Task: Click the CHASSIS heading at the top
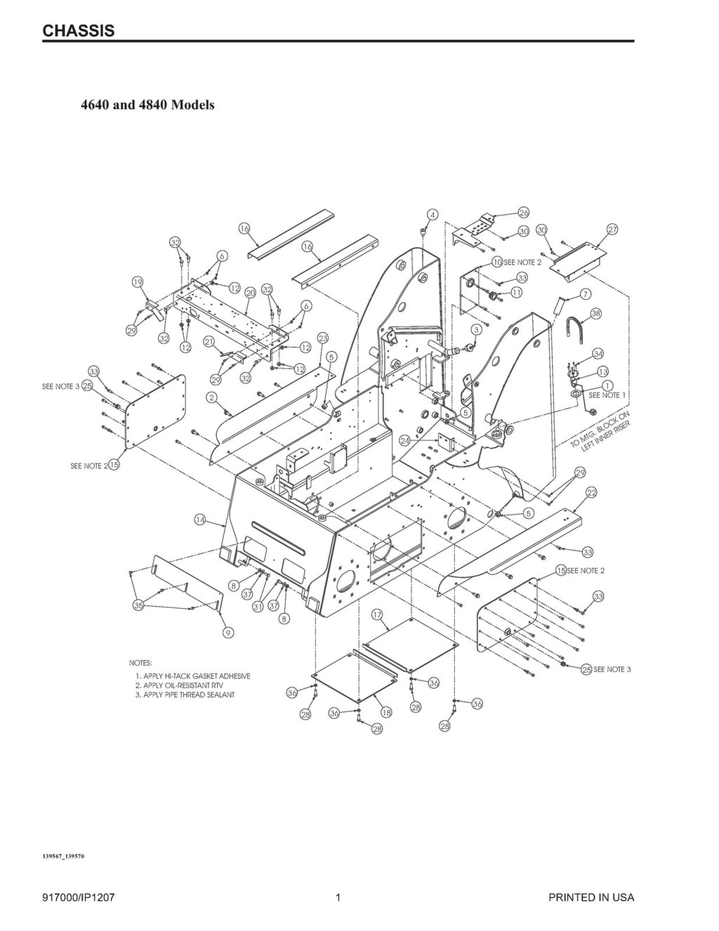pos(79,31)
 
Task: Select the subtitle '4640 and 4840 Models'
pos(147,105)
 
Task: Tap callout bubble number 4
pos(433,214)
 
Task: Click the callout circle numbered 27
pos(612,230)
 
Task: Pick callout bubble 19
pos(138,282)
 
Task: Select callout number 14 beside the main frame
pos(200,520)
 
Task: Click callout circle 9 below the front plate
pos(227,633)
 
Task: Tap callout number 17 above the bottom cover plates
pos(377,615)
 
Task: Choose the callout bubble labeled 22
pos(591,493)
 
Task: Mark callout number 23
pos(323,338)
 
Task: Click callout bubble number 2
pos(211,397)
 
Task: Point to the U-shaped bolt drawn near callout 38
pos(572,330)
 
